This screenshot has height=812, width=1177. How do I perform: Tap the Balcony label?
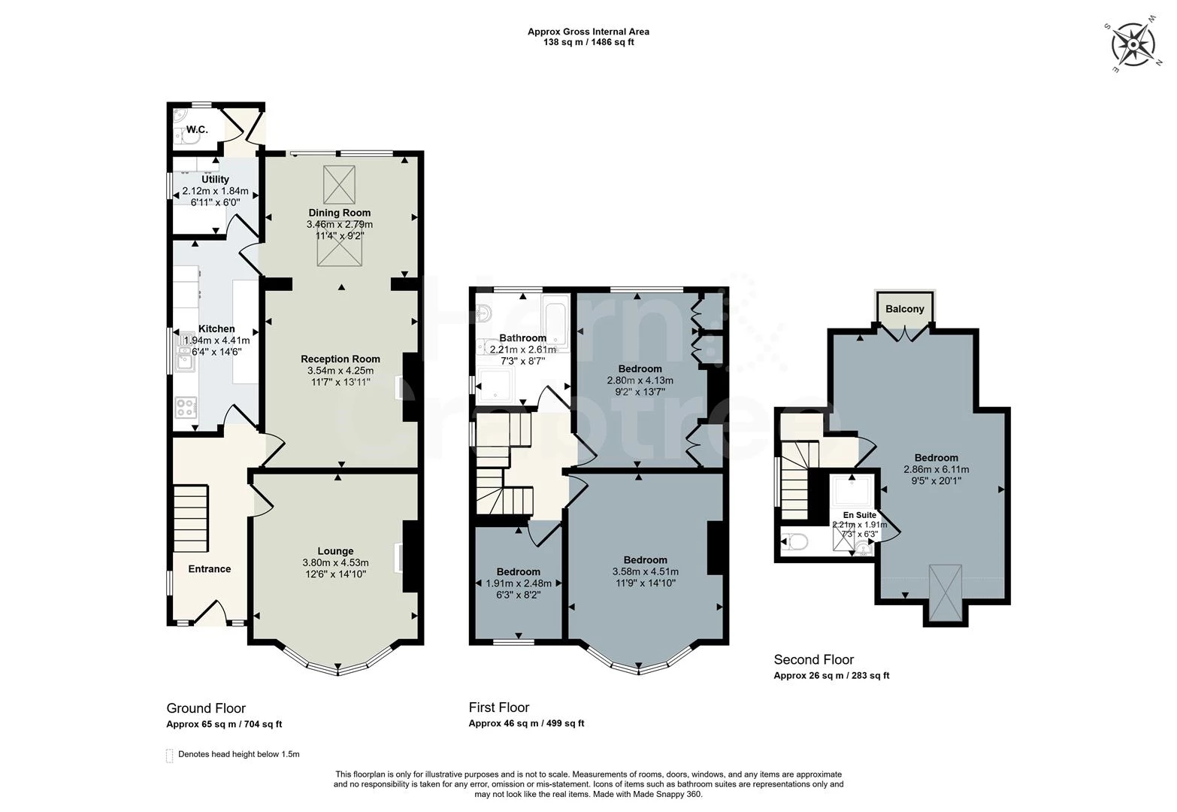(x=904, y=309)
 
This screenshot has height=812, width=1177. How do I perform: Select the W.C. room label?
(x=197, y=129)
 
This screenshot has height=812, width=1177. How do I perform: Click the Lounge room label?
(x=335, y=551)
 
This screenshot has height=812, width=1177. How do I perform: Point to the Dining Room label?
(x=339, y=213)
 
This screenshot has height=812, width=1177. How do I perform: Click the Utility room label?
(x=215, y=180)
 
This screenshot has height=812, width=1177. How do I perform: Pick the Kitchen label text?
(x=216, y=329)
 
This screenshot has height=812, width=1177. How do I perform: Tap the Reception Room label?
(x=340, y=359)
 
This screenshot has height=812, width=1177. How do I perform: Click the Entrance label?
(x=209, y=569)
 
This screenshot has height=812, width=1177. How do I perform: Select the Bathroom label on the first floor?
(x=522, y=338)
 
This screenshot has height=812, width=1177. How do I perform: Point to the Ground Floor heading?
(x=206, y=708)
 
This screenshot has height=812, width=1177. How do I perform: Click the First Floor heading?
(x=499, y=707)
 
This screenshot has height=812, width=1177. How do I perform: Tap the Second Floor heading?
(x=814, y=660)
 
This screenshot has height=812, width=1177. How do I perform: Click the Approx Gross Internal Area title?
(x=588, y=32)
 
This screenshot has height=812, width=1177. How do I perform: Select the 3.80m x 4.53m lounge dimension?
(x=335, y=562)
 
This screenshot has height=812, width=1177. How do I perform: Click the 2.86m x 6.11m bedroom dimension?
(x=936, y=469)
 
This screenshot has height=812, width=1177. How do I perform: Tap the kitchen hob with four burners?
(x=186, y=407)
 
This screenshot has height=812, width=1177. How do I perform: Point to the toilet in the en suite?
(x=794, y=541)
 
